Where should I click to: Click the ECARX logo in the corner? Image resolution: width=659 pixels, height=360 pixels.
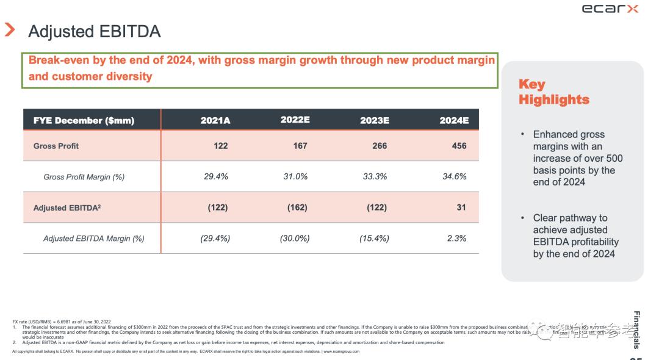[x=610, y=9]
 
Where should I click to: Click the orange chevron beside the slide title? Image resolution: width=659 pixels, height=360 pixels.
[x=10, y=29]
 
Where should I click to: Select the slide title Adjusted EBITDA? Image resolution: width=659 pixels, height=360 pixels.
[x=95, y=32]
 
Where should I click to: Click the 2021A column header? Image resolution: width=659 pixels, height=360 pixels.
[x=215, y=120]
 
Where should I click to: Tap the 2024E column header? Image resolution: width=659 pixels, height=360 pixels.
[x=454, y=120]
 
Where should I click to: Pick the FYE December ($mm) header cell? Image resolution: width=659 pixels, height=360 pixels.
[x=84, y=120]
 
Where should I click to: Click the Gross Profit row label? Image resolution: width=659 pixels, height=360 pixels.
[x=56, y=146]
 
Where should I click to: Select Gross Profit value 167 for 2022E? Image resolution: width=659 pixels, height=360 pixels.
[x=300, y=146]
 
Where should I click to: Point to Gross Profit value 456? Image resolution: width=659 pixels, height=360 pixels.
[x=459, y=146]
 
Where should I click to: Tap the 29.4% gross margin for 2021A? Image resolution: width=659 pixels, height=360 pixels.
[x=216, y=176]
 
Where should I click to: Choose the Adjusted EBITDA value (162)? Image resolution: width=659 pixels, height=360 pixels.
[x=297, y=207]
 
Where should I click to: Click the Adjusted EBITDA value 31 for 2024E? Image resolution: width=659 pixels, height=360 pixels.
[x=461, y=207]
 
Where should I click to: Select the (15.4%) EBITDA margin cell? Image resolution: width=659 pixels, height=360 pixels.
[x=374, y=239]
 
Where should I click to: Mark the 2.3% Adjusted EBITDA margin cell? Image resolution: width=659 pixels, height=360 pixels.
[x=456, y=239]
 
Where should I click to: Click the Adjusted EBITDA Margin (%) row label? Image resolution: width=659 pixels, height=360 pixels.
[x=94, y=239]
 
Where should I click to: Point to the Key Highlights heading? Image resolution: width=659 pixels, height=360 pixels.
[x=553, y=92]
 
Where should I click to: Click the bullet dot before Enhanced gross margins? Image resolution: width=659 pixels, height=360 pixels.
[x=522, y=134]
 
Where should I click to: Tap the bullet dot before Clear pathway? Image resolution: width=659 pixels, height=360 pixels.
[x=522, y=217]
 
